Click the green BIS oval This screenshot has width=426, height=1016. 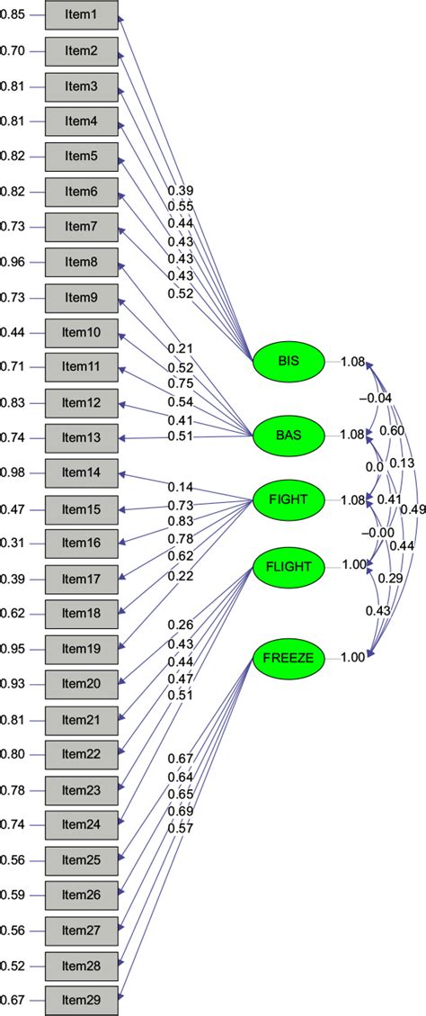[288, 362]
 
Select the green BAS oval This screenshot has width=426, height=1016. [288, 435]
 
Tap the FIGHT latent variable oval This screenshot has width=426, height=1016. [288, 499]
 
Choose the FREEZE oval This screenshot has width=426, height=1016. [288, 658]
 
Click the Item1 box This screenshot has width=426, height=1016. [81, 17]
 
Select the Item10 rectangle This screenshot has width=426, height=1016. [81, 333]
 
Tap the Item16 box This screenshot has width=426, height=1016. [81, 543]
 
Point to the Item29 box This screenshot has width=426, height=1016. [81, 998]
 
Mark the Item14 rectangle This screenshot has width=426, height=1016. [81, 472]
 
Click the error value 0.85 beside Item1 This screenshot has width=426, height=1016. [13, 17]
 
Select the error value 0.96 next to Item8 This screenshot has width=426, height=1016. [13, 263]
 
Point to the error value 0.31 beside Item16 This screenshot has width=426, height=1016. [13, 543]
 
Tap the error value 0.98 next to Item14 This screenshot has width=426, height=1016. [13, 472]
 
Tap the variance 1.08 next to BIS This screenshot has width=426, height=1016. [351, 362]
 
